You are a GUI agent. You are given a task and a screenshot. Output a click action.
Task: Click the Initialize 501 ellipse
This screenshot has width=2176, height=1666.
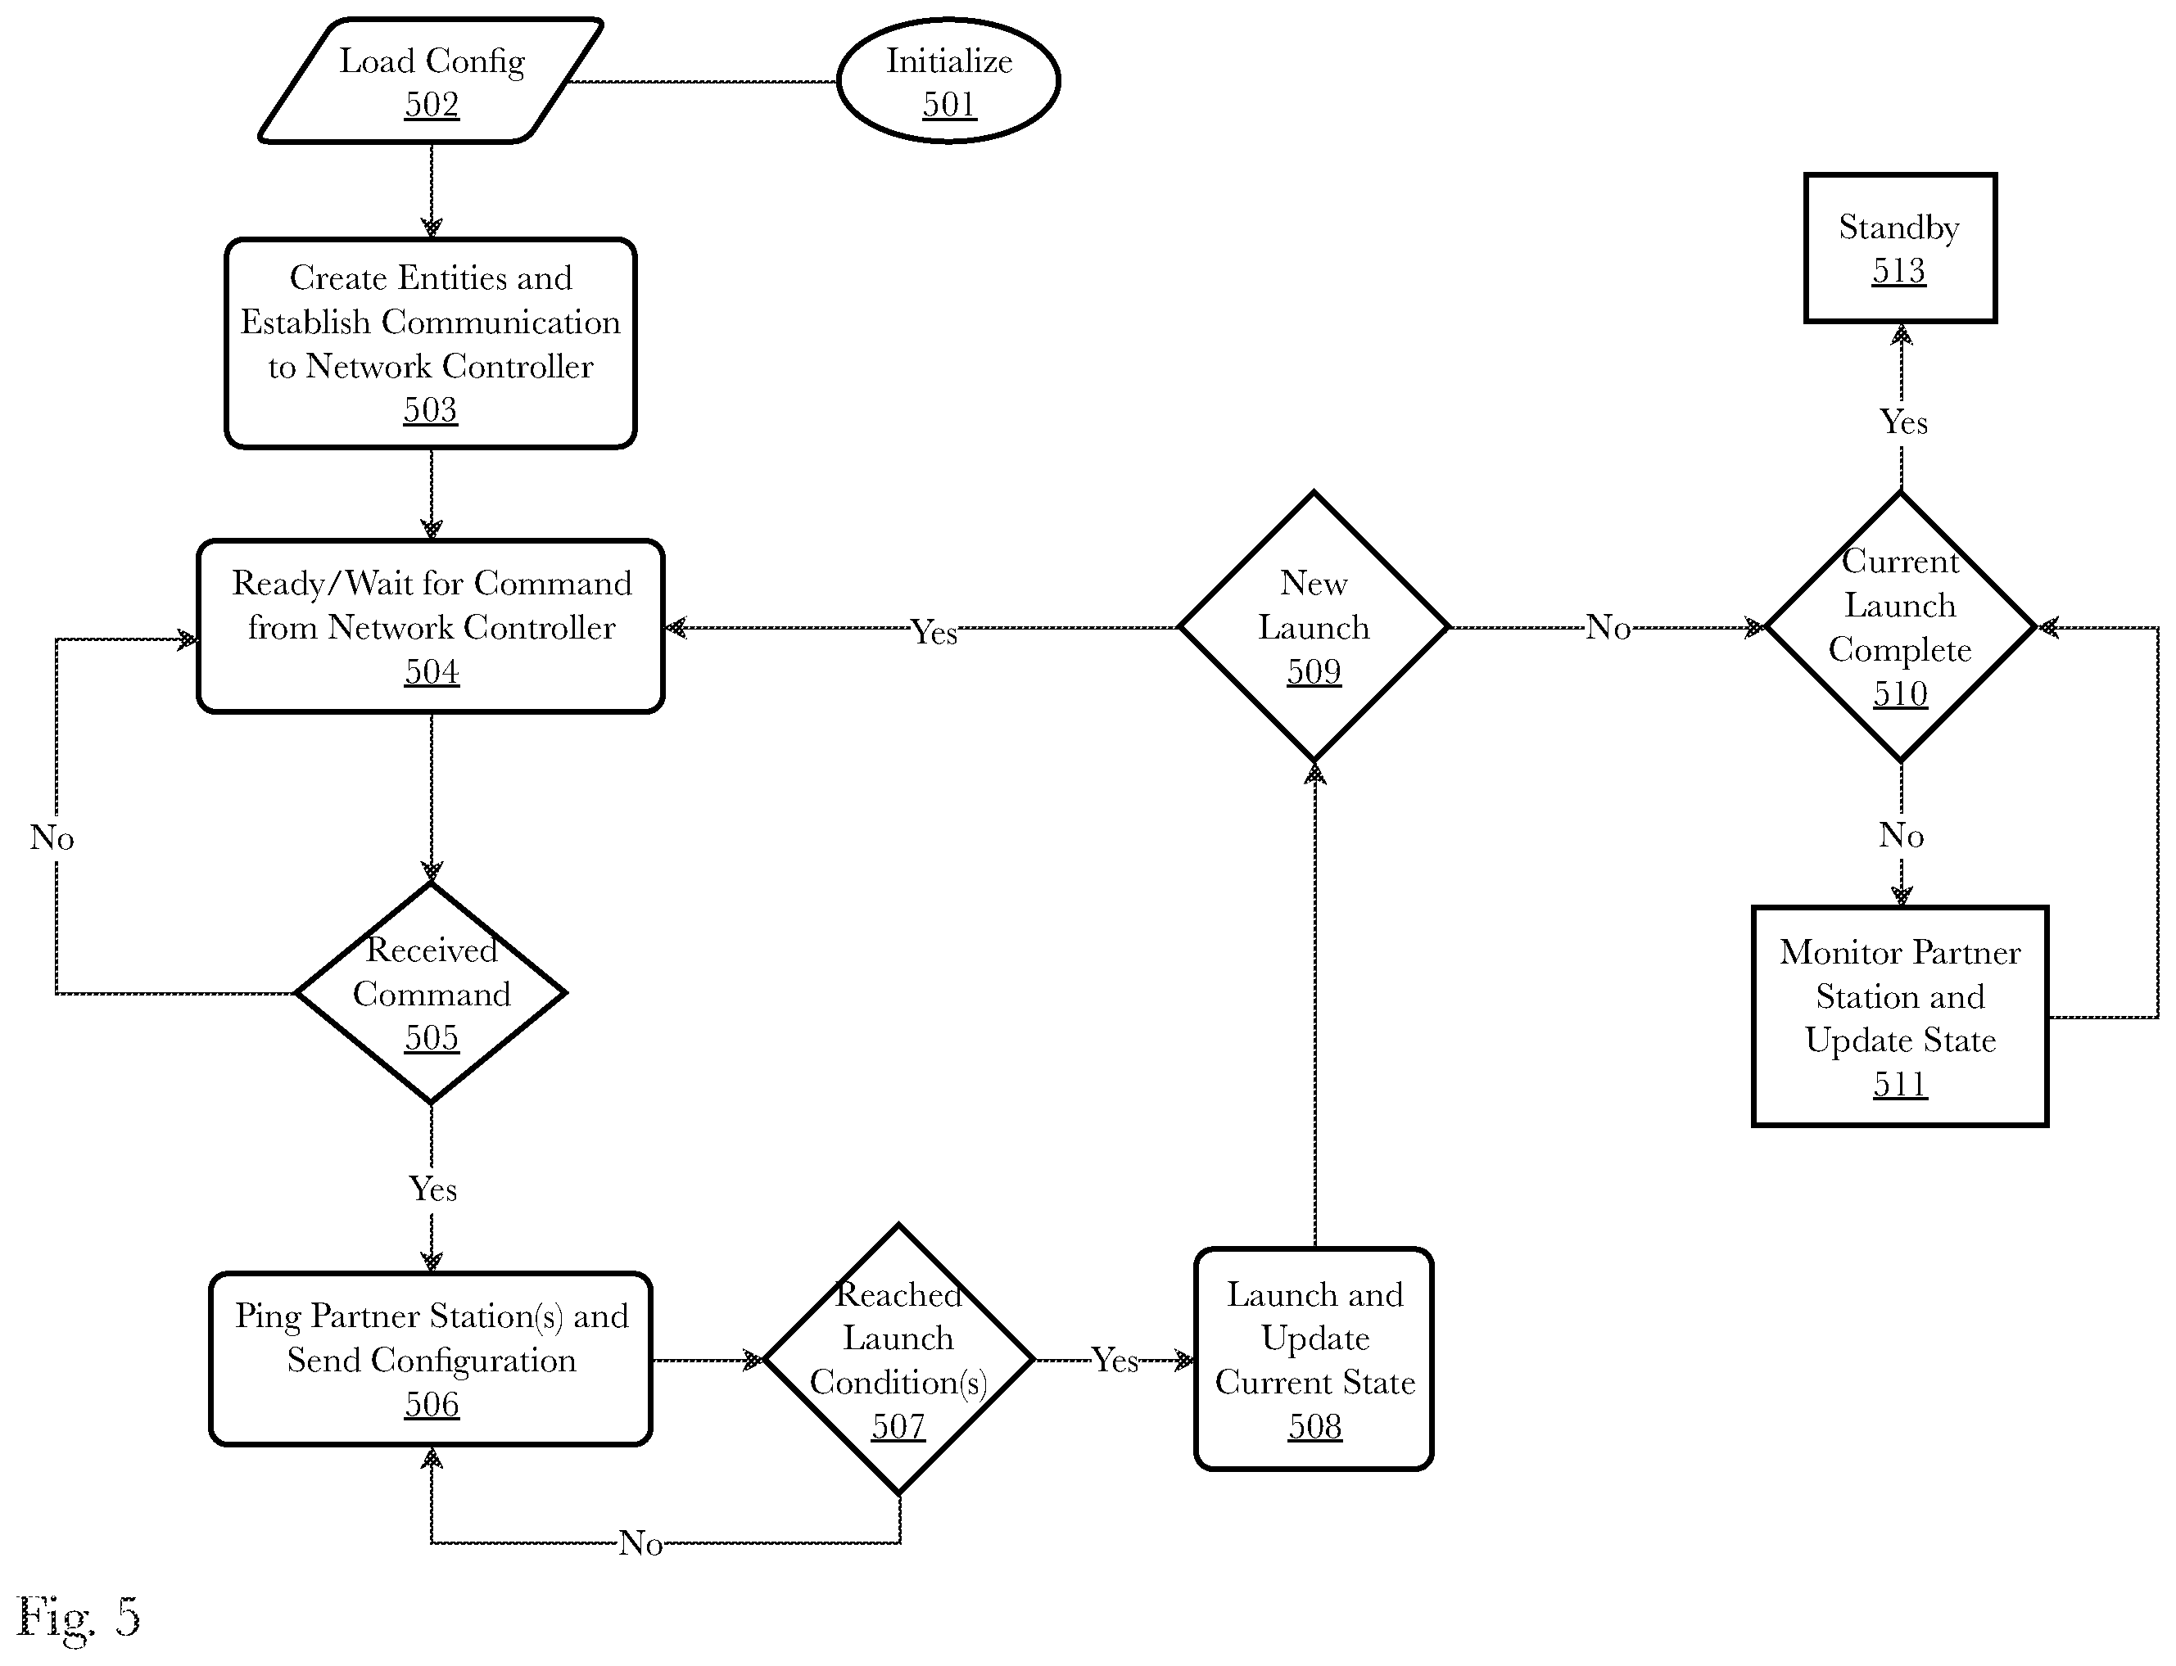tap(948, 80)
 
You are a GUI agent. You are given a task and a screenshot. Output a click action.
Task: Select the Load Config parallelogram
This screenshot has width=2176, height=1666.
tap(432, 80)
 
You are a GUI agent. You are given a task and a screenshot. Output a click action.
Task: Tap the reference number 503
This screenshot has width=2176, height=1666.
tap(431, 409)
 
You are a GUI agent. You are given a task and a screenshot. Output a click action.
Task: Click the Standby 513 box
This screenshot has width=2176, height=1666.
tap(1899, 248)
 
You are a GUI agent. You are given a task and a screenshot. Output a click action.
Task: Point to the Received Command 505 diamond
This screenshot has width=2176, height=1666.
tap(432, 993)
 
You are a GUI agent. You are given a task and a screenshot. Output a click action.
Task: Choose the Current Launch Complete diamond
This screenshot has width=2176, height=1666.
tap(1900, 627)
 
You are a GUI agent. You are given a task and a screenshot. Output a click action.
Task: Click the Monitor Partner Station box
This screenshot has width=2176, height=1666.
tap(1899, 1017)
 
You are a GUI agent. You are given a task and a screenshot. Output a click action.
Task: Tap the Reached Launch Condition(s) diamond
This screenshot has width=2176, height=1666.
tap(898, 1358)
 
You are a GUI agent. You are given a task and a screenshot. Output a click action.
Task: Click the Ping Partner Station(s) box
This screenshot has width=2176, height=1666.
tap(431, 1358)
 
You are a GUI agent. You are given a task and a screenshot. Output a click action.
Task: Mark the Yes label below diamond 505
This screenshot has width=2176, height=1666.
tap(432, 1188)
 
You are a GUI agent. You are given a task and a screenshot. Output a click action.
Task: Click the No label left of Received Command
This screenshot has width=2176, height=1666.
tap(52, 838)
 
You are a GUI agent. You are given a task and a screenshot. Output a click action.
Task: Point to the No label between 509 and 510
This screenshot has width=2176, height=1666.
tap(1608, 627)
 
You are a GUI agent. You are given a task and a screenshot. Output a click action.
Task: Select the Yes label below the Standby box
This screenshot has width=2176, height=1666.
tap(1903, 422)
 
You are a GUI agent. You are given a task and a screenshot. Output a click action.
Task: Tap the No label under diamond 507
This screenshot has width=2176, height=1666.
tap(640, 1543)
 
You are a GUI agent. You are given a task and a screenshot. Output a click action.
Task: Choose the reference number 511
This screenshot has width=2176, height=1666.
tap(1900, 1084)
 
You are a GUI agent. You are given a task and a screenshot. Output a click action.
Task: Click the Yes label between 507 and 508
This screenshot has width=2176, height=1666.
tap(1115, 1360)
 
